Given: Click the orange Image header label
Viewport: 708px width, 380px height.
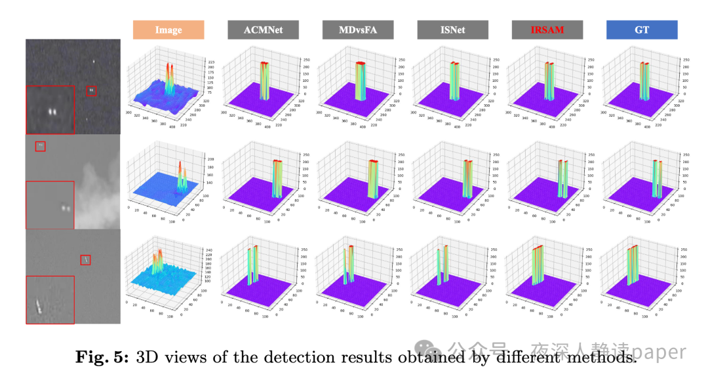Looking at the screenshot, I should click(168, 30).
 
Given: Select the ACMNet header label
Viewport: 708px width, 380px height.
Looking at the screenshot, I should click(263, 30).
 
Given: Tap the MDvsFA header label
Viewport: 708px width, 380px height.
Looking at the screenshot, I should click(357, 30).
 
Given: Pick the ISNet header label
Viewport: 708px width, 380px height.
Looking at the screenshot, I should click(452, 30).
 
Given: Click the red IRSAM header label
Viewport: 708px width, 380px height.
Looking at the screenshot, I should click(547, 30).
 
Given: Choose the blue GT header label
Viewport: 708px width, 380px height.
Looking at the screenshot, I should click(642, 30).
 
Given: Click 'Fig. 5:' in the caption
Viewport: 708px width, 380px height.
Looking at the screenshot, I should click(103, 357).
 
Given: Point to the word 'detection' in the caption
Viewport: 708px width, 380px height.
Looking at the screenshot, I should click(302, 357).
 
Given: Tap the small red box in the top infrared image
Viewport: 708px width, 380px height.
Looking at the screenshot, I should click(92, 90).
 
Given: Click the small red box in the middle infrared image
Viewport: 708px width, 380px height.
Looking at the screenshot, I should click(40, 146).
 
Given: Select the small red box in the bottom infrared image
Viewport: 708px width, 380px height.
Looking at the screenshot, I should click(85, 260).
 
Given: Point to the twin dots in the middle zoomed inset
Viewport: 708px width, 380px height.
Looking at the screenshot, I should click(65, 208).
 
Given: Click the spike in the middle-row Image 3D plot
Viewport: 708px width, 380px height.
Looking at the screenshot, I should click(182, 174).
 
